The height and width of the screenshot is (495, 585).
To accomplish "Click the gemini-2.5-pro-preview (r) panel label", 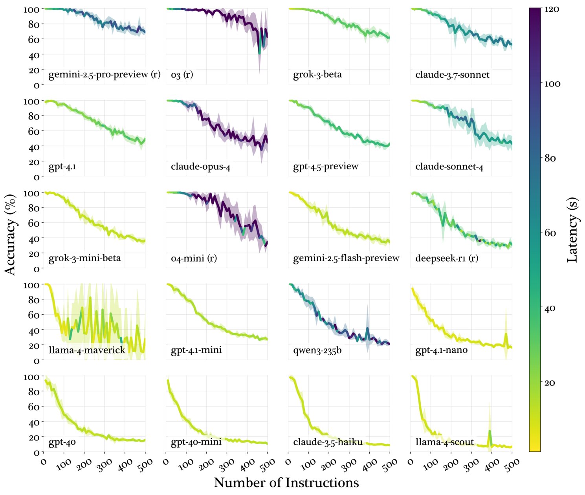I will (x=104, y=75).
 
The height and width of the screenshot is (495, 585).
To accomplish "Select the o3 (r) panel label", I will (x=182, y=75).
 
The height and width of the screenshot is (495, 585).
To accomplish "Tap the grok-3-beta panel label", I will (x=317, y=75).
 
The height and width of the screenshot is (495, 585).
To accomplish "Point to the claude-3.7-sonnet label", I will (x=452, y=75).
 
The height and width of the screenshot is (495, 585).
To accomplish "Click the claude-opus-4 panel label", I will (x=200, y=167).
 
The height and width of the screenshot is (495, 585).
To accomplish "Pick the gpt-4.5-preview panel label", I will (x=326, y=167).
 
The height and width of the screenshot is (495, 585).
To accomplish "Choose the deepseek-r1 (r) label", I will (x=447, y=258).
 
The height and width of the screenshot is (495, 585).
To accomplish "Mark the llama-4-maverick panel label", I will (x=87, y=350).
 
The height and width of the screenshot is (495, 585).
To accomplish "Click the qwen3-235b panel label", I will (x=317, y=350).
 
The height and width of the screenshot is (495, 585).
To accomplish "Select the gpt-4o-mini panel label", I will (x=196, y=442).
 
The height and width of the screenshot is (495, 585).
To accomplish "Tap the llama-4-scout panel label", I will (x=445, y=442).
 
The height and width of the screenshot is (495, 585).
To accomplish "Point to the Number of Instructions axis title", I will (x=286, y=482).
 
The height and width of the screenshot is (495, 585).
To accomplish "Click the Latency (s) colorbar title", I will (x=572, y=229).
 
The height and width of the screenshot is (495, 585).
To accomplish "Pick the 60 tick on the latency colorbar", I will (x=550, y=233).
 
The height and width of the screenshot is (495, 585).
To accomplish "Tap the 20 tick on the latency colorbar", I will (x=550, y=382).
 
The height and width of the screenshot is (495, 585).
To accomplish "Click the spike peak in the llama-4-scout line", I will (x=490, y=431).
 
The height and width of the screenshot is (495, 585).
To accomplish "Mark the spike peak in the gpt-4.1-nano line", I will (x=506, y=334).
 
